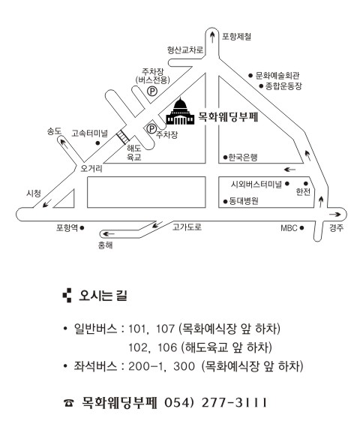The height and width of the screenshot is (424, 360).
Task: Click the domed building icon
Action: pos(180,112)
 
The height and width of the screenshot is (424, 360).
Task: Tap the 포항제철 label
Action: pos(236,36)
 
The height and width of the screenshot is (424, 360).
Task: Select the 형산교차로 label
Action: pos(185,50)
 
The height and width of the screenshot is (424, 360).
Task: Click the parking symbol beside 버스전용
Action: pos(152,91)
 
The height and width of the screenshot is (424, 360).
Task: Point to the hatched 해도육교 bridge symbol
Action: pos(123,137)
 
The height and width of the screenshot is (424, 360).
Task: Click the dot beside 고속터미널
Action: pos(97,143)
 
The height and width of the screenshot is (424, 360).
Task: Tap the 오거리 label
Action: pos(91,168)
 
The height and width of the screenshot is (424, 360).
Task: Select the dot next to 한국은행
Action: pos(225,157)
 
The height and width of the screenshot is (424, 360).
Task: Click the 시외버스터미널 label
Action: pos(256,184)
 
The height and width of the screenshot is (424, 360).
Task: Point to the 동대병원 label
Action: pos(244,201)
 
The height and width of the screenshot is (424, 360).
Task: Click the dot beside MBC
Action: pos(301,228)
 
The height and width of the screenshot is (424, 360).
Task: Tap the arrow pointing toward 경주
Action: pos(334,215)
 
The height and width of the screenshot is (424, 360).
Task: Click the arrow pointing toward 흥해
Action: pos(109,233)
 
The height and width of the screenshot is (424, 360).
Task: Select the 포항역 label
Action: pos(67,227)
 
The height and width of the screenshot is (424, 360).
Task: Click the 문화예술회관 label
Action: pos(277,76)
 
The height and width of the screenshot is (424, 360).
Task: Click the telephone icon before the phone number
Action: pos(69,403)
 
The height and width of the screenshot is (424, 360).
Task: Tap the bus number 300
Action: pos(184,366)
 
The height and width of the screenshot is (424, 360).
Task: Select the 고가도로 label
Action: pos(187,227)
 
